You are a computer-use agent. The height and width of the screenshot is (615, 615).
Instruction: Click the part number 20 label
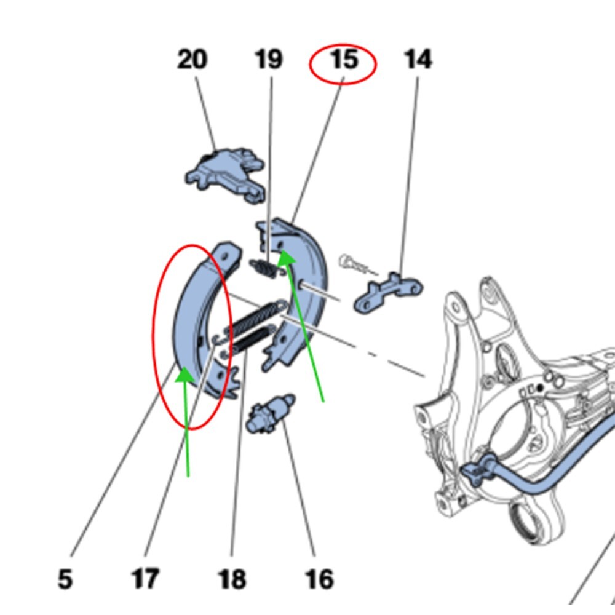pos(192,60)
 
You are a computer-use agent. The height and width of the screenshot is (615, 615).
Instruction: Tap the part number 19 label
pos(268,60)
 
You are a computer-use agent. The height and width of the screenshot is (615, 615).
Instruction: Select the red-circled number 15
pos(344,60)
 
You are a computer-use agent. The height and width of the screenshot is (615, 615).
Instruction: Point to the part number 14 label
pos(418,60)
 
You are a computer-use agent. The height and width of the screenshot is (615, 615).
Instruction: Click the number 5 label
pos(65,579)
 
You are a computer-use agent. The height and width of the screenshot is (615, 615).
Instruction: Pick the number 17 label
pos(145,579)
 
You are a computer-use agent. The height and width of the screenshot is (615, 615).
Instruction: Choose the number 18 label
pos(232,579)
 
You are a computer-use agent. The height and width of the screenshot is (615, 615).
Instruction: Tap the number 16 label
pos(319,579)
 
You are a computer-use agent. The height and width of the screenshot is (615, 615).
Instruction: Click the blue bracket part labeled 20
pos(226,175)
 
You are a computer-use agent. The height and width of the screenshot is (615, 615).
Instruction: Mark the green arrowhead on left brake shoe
pos(184,375)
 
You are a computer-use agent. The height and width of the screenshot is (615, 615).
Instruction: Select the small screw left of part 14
pos(354,264)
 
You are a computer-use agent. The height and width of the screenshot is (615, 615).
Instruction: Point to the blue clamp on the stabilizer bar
pos(479,469)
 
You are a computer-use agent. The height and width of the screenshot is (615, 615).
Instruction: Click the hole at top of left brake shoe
pos(224,256)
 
